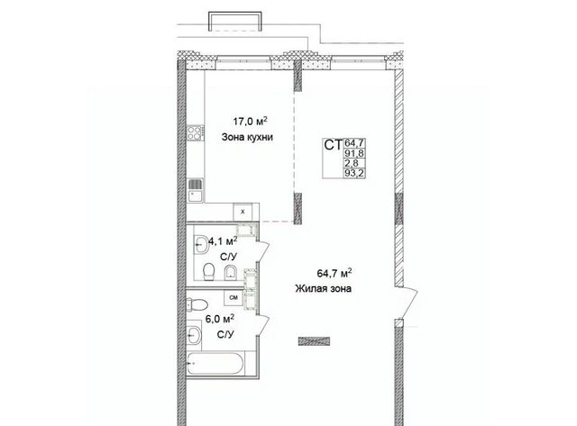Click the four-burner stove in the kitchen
point(195,132)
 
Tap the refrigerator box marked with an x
point(243,212)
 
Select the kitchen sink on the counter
point(196,190)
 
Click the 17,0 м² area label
point(250,121)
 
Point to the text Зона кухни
point(247,138)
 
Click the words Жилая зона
point(323,288)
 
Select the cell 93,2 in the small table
point(354,174)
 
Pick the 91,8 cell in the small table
point(354,153)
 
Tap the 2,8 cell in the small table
point(350,163)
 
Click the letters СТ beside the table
point(333,145)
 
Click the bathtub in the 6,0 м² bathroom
point(215,364)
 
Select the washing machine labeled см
point(234,298)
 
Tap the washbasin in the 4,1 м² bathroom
point(201,243)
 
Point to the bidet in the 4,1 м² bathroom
point(231,272)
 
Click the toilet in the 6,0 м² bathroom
point(197,304)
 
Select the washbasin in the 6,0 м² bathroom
point(194,335)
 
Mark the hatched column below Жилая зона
point(314,341)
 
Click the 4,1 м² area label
point(223,241)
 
